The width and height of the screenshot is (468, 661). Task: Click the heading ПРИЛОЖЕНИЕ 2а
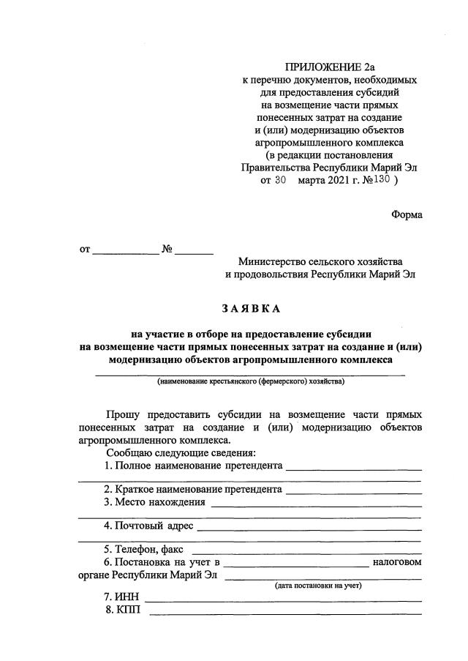click(327, 68)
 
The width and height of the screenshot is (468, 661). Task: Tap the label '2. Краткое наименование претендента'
click(193, 490)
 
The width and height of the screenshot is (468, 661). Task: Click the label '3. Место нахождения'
click(154, 502)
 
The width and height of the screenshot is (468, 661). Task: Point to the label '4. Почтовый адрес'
click(148, 526)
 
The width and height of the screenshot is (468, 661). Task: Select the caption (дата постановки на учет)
click(318, 586)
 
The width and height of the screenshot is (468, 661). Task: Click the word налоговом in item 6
click(397, 562)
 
